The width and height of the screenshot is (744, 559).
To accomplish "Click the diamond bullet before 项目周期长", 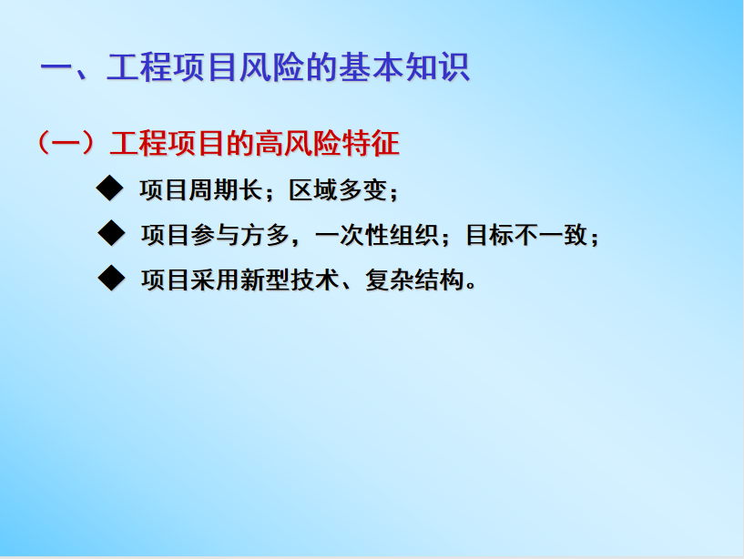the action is pyautogui.click(x=109, y=188).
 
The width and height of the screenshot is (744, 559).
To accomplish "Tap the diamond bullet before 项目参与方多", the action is pyautogui.click(x=111, y=233).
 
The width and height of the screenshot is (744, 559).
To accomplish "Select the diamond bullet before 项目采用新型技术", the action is pyautogui.click(x=111, y=278).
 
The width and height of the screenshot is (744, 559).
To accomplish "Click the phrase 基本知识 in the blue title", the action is pyautogui.click(x=404, y=66).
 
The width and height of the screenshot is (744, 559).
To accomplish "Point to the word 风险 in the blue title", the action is pyautogui.click(x=272, y=66).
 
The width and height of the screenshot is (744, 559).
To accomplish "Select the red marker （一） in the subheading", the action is pyautogui.click(x=66, y=143).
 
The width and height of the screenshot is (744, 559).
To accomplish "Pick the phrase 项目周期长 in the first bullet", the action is pyautogui.click(x=201, y=189).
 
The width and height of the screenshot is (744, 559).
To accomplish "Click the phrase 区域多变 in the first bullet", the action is pyautogui.click(x=339, y=189).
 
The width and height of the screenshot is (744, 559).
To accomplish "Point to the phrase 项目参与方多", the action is pyautogui.click(x=215, y=235).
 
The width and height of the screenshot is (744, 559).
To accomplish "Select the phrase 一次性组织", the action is pyautogui.click(x=376, y=235).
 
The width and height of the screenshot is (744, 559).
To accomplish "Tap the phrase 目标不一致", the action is pyautogui.click(x=527, y=235).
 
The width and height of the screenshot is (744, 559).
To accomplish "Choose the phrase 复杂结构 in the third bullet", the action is pyautogui.click(x=414, y=279).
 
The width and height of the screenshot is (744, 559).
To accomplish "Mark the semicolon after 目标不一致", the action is pyautogui.click(x=594, y=238).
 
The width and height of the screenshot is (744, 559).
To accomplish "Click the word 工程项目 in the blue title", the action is pyautogui.click(x=172, y=66).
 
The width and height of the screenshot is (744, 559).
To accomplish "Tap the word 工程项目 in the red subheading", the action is pyautogui.click(x=167, y=143).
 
